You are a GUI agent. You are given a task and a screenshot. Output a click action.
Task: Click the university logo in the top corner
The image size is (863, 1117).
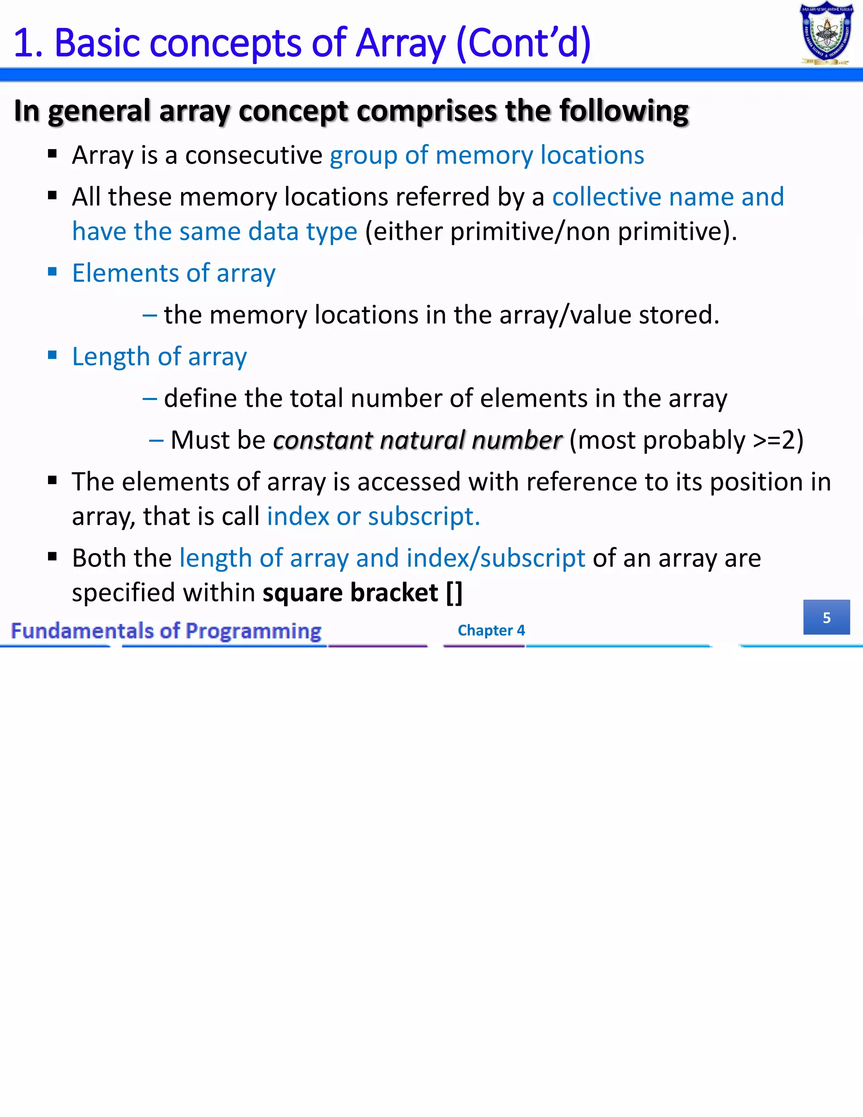tap(826, 34)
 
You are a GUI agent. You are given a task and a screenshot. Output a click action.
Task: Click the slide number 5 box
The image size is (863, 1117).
tap(826, 618)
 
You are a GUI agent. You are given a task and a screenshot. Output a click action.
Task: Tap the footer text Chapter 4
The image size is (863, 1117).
tap(491, 630)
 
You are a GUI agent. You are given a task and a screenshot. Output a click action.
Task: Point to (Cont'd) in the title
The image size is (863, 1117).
tap(523, 43)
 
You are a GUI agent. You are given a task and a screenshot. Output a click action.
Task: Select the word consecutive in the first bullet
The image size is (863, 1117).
tap(254, 155)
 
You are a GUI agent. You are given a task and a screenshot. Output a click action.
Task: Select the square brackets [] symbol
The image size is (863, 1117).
tap(454, 593)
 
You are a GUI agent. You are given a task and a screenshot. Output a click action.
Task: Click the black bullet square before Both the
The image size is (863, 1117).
tap(52, 556)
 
